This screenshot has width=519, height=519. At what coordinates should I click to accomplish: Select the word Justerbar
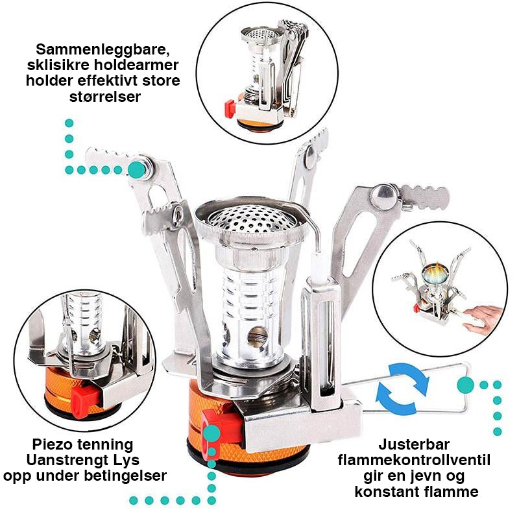pos(414,444)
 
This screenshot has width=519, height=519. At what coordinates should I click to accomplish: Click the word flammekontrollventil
pos(414,460)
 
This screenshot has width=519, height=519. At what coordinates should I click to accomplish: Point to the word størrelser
pos(105,97)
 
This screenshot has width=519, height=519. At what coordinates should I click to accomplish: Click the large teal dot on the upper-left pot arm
pos(137,170)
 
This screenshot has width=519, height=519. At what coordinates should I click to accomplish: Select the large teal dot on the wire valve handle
pos(465,385)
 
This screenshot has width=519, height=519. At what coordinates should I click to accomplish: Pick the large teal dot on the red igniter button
pos(211,433)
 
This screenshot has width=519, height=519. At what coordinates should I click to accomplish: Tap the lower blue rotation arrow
pos(396,400)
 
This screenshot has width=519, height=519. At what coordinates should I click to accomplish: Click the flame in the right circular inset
pos(436,273)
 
